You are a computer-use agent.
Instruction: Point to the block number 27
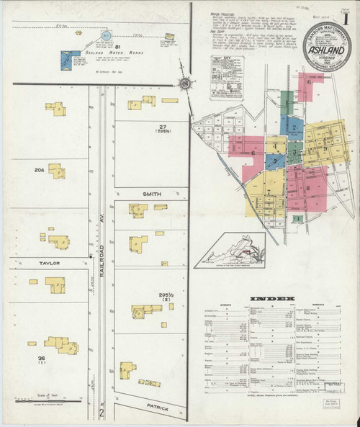(x=163, y=127)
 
